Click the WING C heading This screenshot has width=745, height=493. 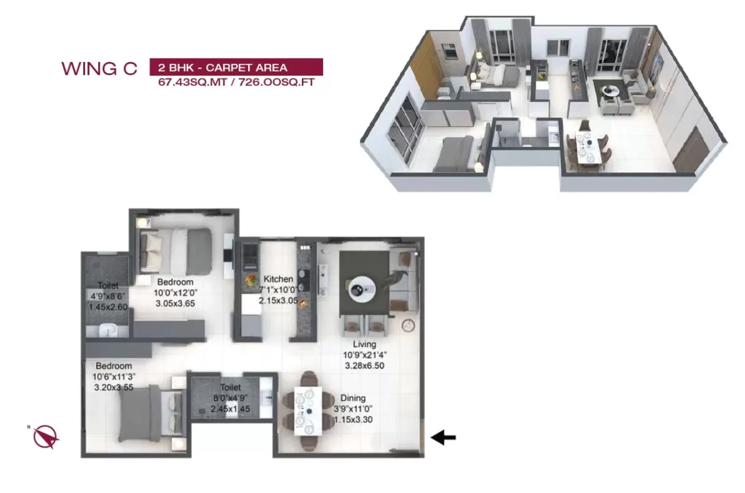99,68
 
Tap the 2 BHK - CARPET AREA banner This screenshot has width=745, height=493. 236,67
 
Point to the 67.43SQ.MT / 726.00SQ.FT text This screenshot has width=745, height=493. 236,82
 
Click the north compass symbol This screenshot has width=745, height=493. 45,436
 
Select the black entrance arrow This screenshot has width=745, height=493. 443,438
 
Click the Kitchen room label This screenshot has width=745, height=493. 278,279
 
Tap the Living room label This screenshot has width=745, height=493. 365,344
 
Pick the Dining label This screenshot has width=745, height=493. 353,398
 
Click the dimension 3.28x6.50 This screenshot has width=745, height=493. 365,365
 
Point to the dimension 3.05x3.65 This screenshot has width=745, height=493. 175,303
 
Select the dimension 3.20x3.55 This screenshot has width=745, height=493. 114,387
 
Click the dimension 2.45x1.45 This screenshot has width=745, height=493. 230,409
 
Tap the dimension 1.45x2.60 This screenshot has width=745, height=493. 108,307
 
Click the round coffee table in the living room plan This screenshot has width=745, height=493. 361,290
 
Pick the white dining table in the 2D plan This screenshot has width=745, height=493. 308,411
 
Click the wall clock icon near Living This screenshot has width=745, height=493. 408,325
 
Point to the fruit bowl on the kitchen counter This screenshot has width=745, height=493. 251,280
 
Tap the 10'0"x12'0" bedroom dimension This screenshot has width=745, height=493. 175,293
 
